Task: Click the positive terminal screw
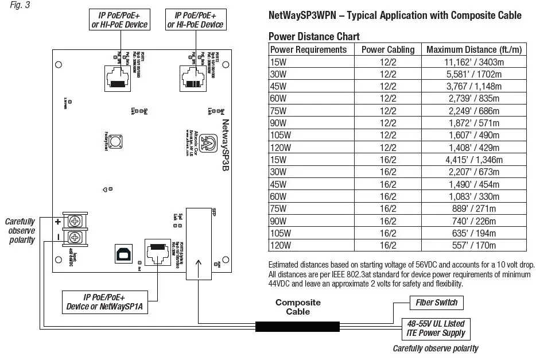[x=75, y=221]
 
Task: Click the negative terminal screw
[x=75, y=238]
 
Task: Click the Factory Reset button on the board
[x=115, y=141]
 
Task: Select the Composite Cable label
[x=298, y=307]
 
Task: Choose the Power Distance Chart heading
[x=314, y=37]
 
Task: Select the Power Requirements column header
[x=308, y=49]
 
